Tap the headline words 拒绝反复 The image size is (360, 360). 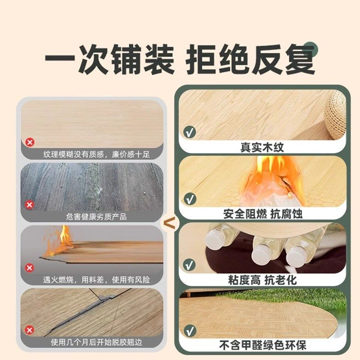pyautogui.click(x=250, y=58)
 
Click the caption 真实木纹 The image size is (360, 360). pyautogui.click(x=262, y=147)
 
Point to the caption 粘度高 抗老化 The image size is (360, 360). pyautogui.click(x=262, y=279)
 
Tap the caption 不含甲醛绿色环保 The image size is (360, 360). pyautogui.click(x=262, y=346)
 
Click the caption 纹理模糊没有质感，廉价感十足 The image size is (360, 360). pyautogui.click(x=96, y=154)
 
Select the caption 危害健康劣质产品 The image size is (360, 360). pyautogui.click(x=96, y=216)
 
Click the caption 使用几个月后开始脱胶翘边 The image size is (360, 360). pyautogui.click(x=96, y=342)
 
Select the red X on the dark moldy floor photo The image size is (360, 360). pyautogui.click(x=30, y=205)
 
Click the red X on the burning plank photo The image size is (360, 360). pyautogui.click(x=30, y=268)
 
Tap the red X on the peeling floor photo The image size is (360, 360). pyautogui.click(x=30, y=330)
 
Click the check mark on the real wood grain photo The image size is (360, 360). pyautogui.click(x=190, y=133)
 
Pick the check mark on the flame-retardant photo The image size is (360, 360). pyautogui.click(x=190, y=198)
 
